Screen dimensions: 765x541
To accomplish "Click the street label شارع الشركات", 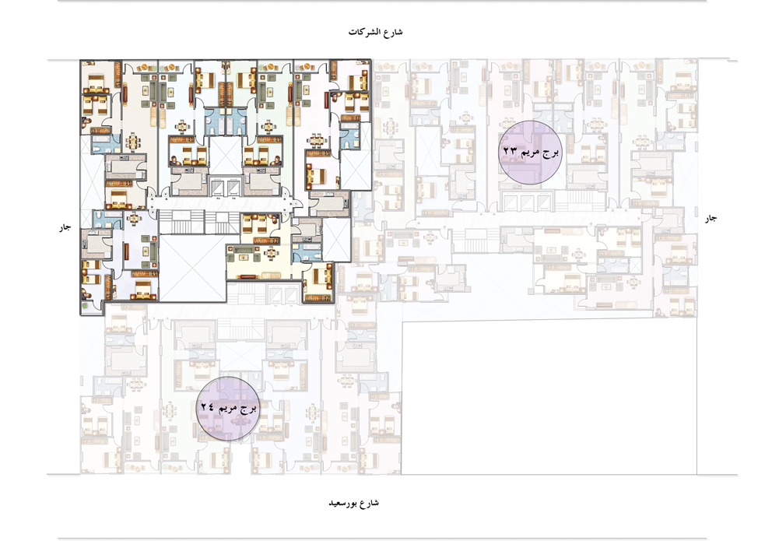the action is click(x=375, y=32).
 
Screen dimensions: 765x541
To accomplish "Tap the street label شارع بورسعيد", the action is click(x=354, y=503).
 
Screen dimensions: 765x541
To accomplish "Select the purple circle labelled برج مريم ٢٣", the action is click(x=530, y=153).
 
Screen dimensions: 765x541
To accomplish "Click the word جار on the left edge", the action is click(x=65, y=227).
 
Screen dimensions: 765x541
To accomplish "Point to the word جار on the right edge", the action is click(x=711, y=219).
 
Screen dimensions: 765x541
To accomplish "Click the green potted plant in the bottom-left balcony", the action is click(x=86, y=306).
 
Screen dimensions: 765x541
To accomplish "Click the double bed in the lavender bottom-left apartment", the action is click(x=143, y=290).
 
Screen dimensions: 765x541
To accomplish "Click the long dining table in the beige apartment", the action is click(x=133, y=142).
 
